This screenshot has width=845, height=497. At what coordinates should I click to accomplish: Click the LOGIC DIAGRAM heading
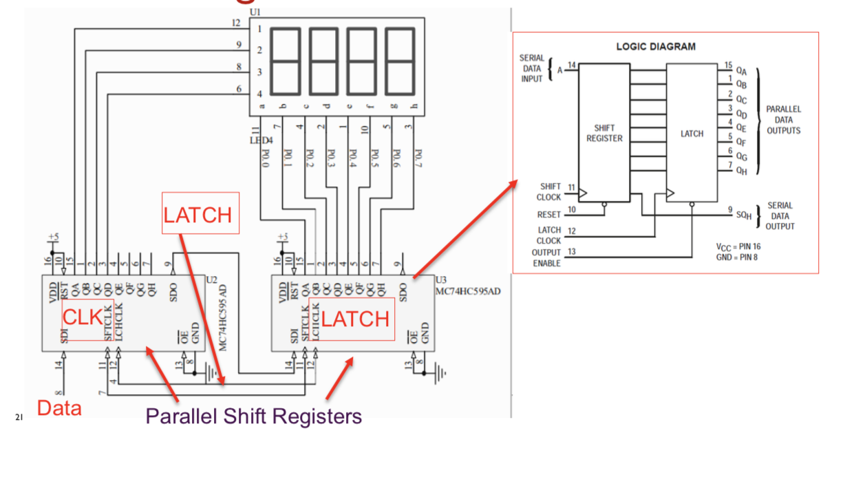pos(655,47)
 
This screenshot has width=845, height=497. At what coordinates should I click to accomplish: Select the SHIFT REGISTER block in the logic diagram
pos(604,133)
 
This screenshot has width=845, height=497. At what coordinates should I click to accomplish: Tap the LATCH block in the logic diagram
pos(692,134)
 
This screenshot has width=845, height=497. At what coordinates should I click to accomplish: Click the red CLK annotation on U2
pos(83,317)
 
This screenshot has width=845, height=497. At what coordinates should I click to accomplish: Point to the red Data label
pos(59,408)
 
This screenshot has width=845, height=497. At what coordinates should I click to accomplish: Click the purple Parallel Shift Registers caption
pos(253,416)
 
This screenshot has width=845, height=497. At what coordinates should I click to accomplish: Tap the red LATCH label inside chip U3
pos(355,319)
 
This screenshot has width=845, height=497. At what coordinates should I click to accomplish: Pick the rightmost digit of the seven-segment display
pos(400,62)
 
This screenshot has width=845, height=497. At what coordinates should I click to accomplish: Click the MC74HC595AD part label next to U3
pos(468,291)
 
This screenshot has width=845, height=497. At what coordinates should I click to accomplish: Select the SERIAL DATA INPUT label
pos(531,68)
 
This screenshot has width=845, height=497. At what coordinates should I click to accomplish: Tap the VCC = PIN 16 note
pos(738,246)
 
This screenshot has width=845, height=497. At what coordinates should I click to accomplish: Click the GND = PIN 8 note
pos(738,257)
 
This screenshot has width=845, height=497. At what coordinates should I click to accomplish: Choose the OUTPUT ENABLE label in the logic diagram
pos(546,258)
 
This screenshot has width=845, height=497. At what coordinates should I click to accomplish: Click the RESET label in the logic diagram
pos(548,215)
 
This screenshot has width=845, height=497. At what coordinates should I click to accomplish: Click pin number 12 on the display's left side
pos(236,23)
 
